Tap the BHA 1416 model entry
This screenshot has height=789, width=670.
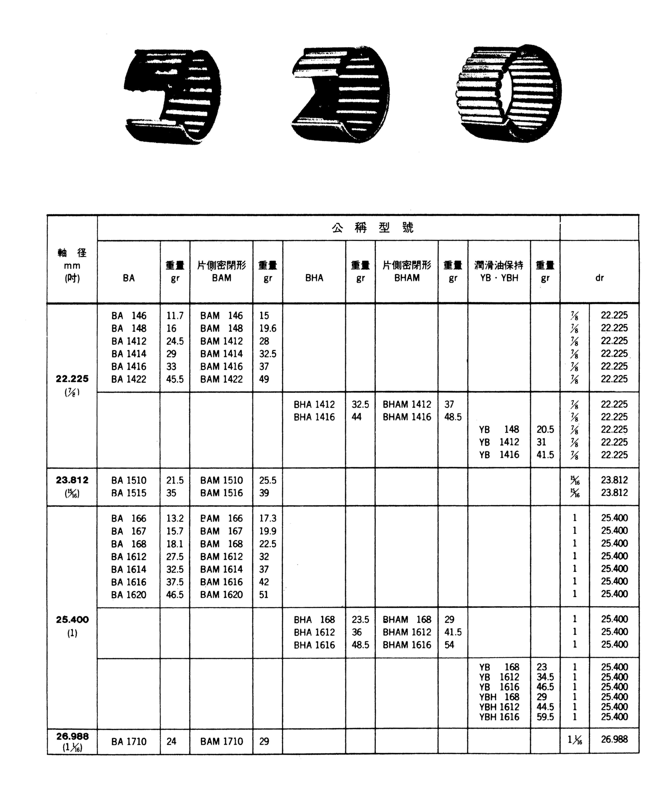(x=314, y=417)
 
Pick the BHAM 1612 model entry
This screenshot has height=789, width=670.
(x=407, y=632)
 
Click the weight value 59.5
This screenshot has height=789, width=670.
(x=545, y=717)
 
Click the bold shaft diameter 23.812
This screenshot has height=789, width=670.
(x=72, y=480)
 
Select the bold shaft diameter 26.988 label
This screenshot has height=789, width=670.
(x=72, y=736)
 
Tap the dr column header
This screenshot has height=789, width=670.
(x=599, y=278)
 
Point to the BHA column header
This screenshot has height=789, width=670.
(x=314, y=278)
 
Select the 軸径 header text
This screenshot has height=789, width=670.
(x=72, y=253)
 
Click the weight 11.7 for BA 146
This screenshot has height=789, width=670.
(x=175, y=316)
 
